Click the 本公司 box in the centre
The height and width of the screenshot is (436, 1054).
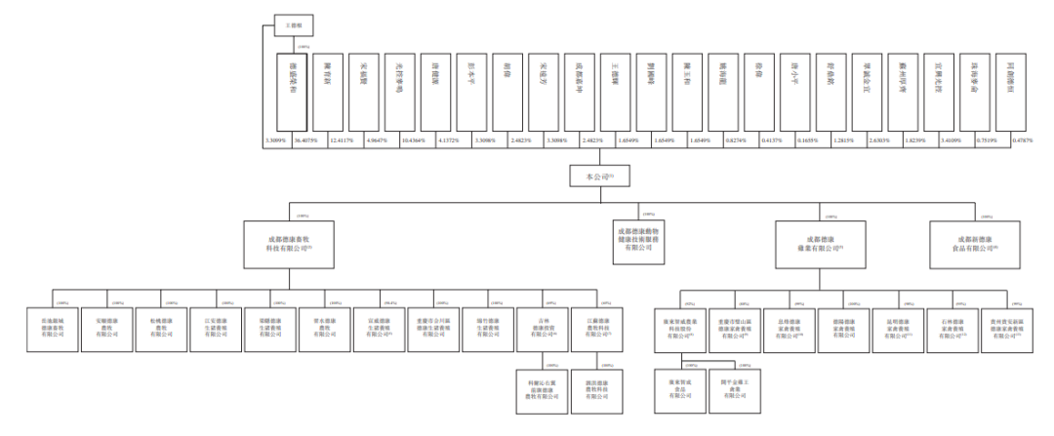coord(594,178)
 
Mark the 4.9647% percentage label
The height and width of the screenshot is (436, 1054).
coord(375,140)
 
